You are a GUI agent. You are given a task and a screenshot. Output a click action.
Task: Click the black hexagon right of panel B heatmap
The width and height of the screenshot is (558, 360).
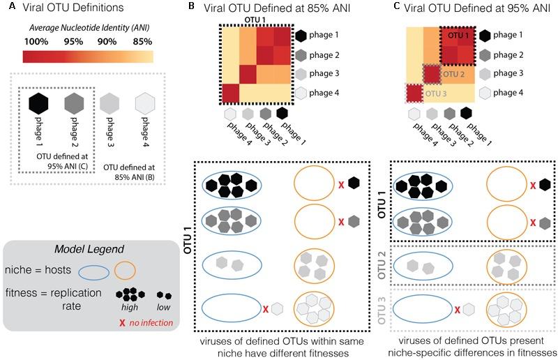301,35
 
